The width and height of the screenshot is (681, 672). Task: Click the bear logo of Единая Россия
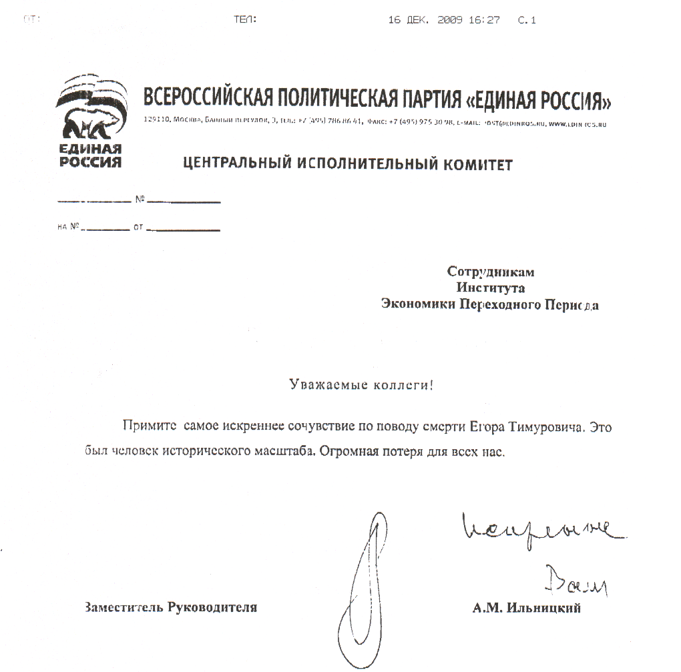90,113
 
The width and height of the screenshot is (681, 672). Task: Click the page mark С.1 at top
527,20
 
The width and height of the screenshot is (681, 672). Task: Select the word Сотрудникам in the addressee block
491,272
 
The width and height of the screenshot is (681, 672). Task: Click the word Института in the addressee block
491,288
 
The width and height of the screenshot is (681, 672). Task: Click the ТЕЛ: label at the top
245,20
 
